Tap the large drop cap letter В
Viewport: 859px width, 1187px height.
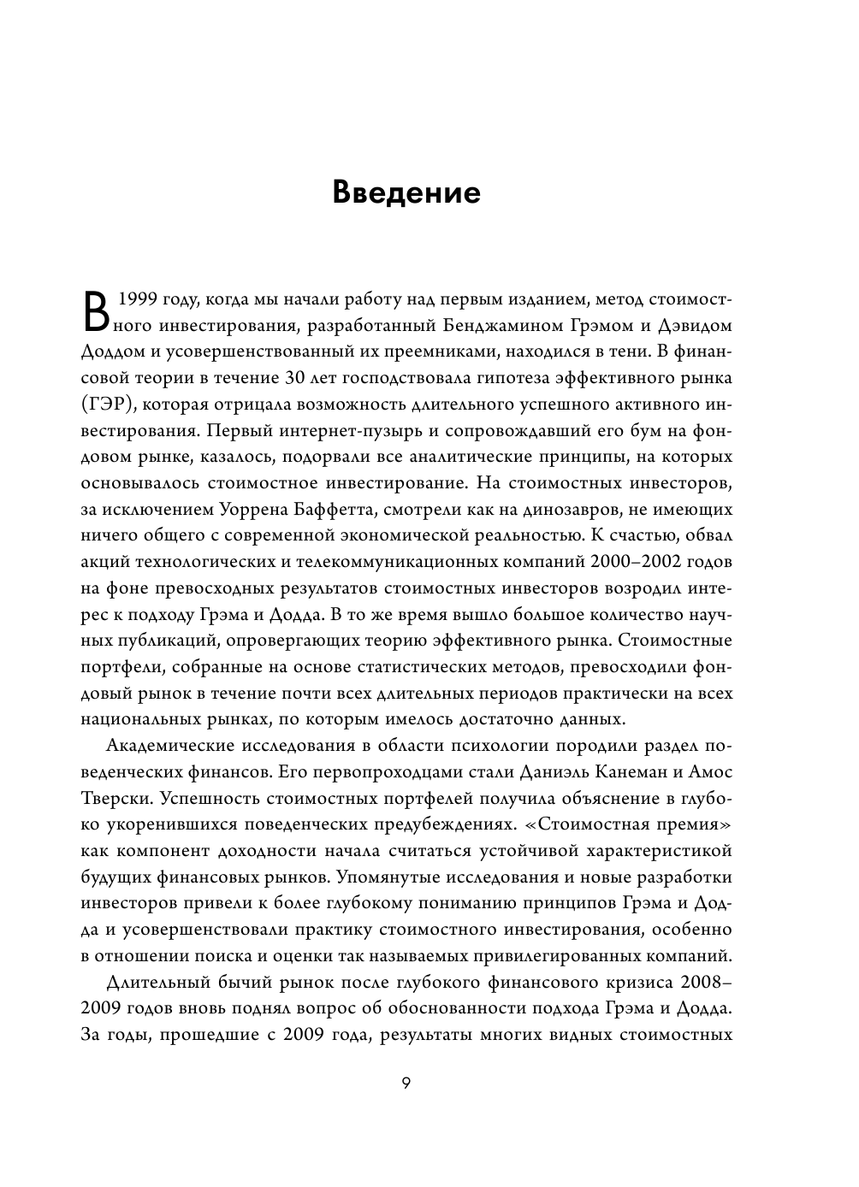[x=97, y=310]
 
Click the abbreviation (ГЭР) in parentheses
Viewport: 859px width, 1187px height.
[x=110, y=404]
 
